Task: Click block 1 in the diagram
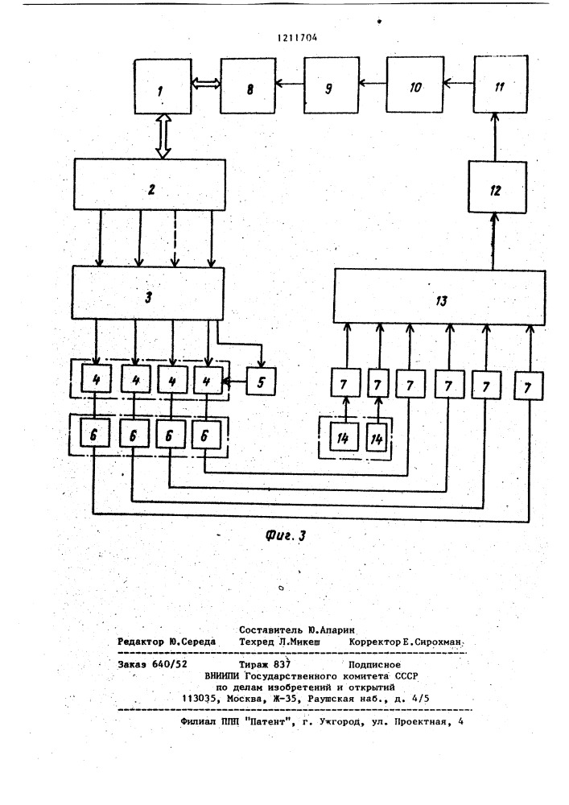pyautogui.click(x=163, y=86)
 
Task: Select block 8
pyautogui.click(x=249, y=86)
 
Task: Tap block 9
pyautogui.click(x=332, y=85)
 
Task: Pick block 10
pyautogui.click(x=414, y=85)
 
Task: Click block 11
pyautogui.click(x=501, y=85)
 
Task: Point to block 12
pyautogui.click(x=497, y=188)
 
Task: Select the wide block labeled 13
pyautogui.click(x=439, y=297)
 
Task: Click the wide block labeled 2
pyautogui.click(x=150, y=184)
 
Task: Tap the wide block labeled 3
pyautogui.click(x=148, y=293)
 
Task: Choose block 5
pyautogui.click(x=261, y=381)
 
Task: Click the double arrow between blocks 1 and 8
pyautogui.click(x=206, y=83)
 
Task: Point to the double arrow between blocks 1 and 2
pyautogui.click(x=163, y=136)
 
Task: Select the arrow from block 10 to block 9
pyautogui.click(x=373, y=82)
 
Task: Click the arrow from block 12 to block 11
pyautogui.click(x=495, y=138)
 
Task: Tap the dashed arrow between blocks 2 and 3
pyautogui.click(x=175, y=238)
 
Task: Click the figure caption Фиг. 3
pyautogui.click(x=286, y=535)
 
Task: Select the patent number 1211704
pyautogui.click(x=297, y=38)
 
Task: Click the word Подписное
pyautogui.click(x=374, y=665)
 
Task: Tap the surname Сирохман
pyautogui.click(x=439, y=642)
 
